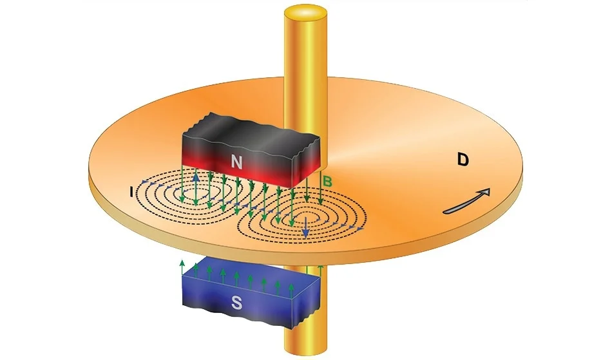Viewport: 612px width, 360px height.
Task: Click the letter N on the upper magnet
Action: tap(236, 164)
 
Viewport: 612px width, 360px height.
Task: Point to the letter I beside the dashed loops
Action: tap(131, 192)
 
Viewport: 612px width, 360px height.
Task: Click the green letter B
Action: tap(327, 182)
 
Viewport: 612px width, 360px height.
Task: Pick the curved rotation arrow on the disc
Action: tap(467, 202)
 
